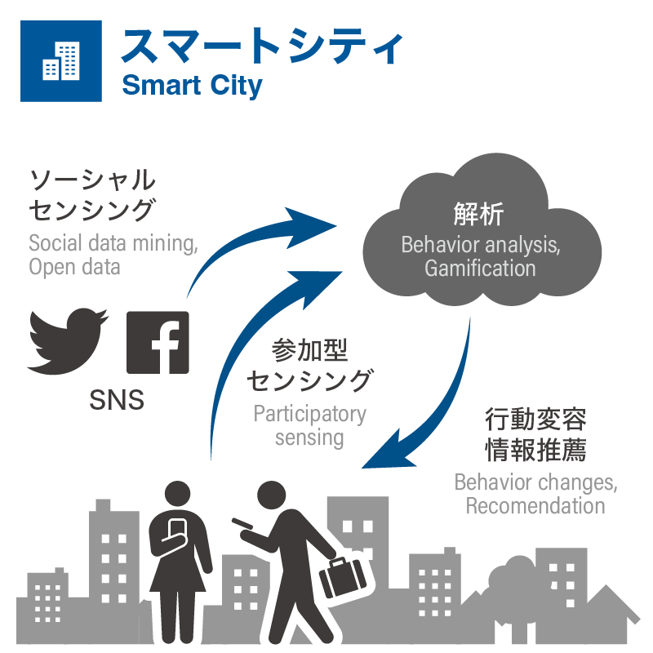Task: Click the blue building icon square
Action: coord(61,60)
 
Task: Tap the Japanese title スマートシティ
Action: coord(261,48)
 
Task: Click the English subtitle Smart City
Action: coord(192,85)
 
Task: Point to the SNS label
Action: coord(116,400)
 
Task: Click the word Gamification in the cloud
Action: coord(480,268)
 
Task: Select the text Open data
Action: coord(74,266)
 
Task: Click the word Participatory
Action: coord(309,414)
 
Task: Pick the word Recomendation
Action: coord(535,505)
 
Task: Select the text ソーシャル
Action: coord(91,180)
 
